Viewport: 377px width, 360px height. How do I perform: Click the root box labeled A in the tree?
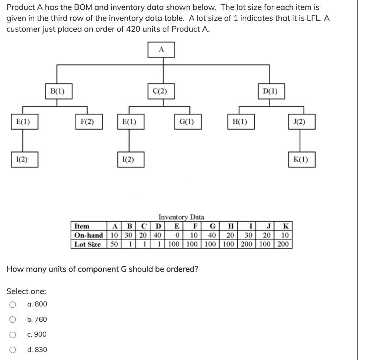pos(161,50)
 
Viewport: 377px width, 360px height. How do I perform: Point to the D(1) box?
pos(271,91)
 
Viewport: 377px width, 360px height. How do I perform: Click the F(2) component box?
pos(87,122)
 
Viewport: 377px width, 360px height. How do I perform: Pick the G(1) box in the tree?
pos(187,122)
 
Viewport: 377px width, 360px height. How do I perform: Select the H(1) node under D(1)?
pos(240,122)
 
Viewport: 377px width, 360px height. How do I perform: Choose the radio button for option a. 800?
pos(13,304)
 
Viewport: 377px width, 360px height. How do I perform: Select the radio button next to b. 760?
pos(13,319)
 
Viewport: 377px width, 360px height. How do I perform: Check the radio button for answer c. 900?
pos(13,335)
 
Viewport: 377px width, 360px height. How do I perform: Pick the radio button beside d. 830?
pos(13,350)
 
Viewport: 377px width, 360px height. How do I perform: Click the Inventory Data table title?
pos(181,217)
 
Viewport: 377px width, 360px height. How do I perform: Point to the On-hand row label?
pos(88,235)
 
